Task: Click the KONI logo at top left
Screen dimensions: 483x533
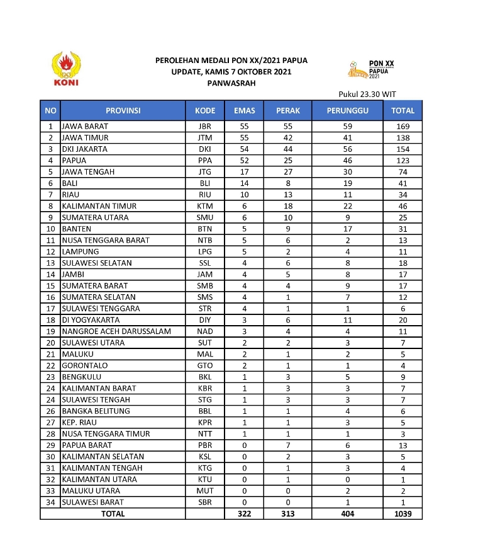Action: tap(66, 70)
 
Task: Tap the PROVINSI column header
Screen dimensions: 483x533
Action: tap(123, 111)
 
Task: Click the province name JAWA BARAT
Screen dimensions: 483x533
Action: tap(84, 127)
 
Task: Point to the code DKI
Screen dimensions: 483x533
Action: tap(205, 149)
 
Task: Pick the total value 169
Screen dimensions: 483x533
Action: tap(402, 127)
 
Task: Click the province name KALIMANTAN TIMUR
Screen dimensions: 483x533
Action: tap(99, 206)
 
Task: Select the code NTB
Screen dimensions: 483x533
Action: tap(205, 240)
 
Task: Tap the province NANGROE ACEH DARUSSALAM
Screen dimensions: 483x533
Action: tap(116, 331)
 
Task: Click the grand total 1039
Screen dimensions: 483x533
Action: tap(402, 514)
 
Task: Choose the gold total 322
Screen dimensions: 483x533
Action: tap(244, 514)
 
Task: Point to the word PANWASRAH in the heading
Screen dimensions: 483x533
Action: tap(231, 83)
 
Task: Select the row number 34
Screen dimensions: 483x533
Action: tap(50, 502)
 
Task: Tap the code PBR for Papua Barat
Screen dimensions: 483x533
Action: tap(205, 445)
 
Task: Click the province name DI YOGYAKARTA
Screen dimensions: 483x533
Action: tap(91, 320)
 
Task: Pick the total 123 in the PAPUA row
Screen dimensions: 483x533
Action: tap(402, 161)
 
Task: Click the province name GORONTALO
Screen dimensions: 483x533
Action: tap(84, 365)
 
